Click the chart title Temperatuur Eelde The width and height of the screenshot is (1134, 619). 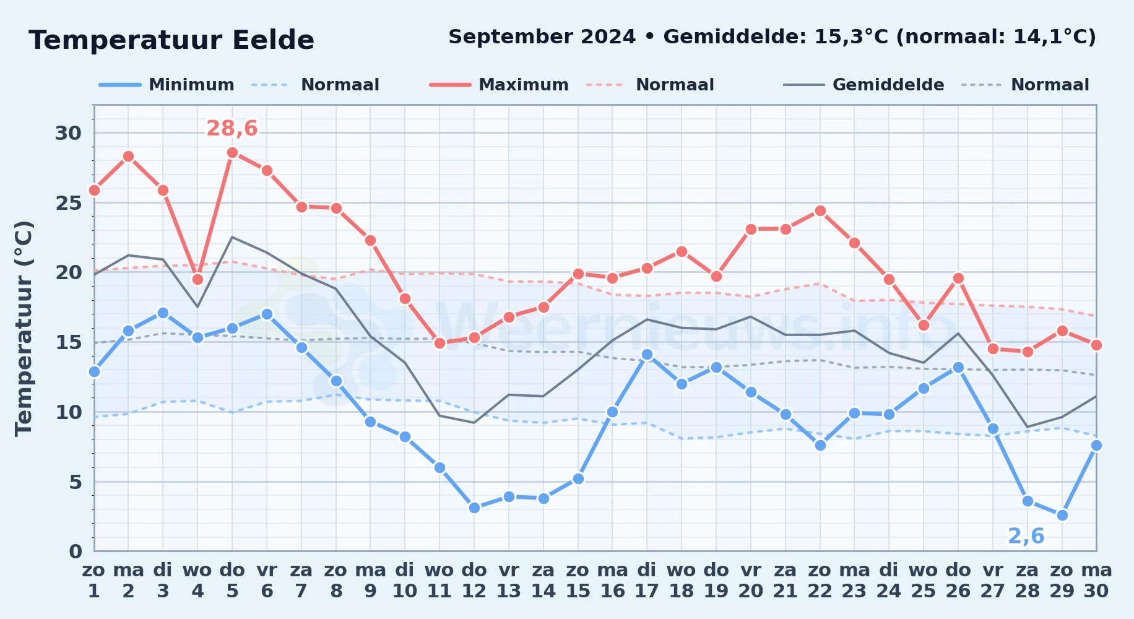[171, 40]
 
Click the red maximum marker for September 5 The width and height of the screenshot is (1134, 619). [232, 152]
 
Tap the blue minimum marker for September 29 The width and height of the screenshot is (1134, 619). [1062, 515]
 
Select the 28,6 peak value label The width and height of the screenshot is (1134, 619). [232, 128]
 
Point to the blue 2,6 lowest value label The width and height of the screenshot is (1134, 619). [1026, 536]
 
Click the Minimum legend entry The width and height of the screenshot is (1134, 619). [167, 85]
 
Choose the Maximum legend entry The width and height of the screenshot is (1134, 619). [499, 85]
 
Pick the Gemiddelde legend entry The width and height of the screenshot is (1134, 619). [863, 85]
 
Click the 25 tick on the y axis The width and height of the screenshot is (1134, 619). [69, 202]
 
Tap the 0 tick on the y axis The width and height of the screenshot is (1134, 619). [76, 551]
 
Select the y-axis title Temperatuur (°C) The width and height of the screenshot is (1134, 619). [24, 328]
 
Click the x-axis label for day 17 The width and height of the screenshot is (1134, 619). [647, 581]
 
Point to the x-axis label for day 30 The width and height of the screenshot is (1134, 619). [1096, 581]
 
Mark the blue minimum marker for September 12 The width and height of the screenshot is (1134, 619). [474, 508]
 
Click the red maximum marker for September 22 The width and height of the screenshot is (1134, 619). [820, 211]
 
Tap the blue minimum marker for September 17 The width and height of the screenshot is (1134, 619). [647, 355]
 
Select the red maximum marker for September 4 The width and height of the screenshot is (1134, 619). [197, 279]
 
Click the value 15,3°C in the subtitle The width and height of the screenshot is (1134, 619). [851, 37]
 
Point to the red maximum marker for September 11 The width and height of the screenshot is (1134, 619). [439, 343]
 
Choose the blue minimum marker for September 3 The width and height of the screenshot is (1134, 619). [163, 313]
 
